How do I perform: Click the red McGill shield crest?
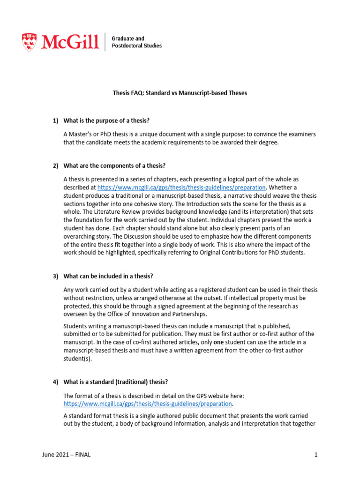29,42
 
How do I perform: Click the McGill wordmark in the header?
70,42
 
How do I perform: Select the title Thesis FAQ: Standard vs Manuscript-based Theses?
180,93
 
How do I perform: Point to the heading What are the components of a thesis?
114,166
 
